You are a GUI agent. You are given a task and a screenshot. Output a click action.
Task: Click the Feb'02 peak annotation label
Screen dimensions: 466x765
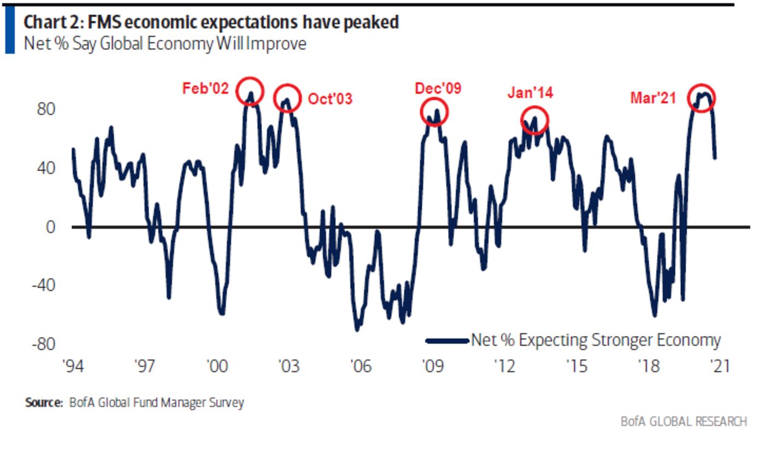(x=205, y=89)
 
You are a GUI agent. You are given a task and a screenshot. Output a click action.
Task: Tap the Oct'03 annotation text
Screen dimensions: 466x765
(x=330, y=99)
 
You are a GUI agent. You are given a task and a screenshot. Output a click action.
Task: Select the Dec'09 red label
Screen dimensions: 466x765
(x=438, y=88)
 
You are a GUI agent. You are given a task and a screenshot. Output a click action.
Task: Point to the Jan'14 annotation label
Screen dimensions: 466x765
(x=530, y=93)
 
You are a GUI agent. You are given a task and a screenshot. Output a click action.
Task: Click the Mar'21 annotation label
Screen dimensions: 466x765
(x=653, y=98)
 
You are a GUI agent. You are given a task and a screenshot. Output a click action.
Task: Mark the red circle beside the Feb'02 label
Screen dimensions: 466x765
(x=250, y=91)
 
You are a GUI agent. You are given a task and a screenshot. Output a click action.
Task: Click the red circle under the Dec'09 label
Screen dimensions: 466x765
(x=434, y=111)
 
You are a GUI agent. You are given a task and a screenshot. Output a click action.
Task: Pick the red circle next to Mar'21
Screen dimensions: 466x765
(x=701, y=98)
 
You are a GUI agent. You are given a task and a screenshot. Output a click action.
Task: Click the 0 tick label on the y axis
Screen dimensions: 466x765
(x=51, y=227)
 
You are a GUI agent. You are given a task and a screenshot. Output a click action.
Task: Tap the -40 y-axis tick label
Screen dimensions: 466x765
(x=44, y=285)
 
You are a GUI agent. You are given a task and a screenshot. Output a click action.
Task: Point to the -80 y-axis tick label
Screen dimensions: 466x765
(x=44, y=344)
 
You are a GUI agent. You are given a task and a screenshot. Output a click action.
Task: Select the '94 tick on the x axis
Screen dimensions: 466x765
(x=73, y=366)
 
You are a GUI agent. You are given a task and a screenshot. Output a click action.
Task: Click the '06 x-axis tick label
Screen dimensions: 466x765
(x=361, y=366)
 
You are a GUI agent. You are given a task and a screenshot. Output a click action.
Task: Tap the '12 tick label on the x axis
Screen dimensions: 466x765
(x=504, y=366)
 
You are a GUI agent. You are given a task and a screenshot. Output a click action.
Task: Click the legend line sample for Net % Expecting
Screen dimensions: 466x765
(x=447, y=341)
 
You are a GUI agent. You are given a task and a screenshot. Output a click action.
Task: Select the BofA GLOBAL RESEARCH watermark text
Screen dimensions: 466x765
(x=683, y=421)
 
